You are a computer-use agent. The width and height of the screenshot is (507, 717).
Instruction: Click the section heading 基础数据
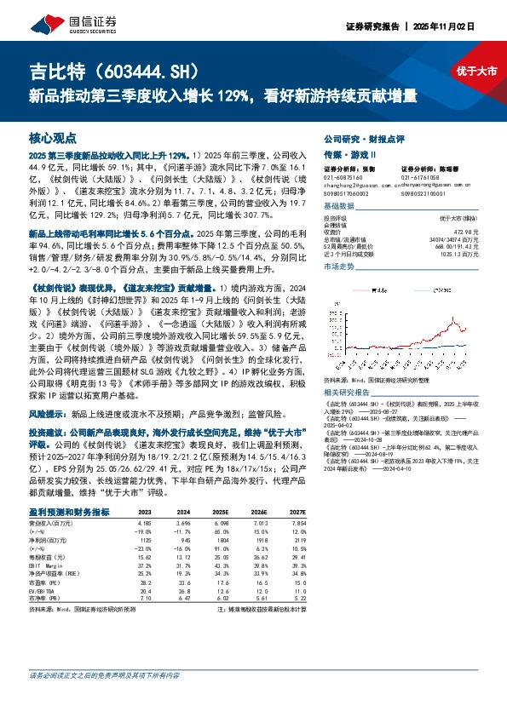click(339, 206)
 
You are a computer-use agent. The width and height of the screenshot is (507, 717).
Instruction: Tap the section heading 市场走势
click(339, 267)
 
